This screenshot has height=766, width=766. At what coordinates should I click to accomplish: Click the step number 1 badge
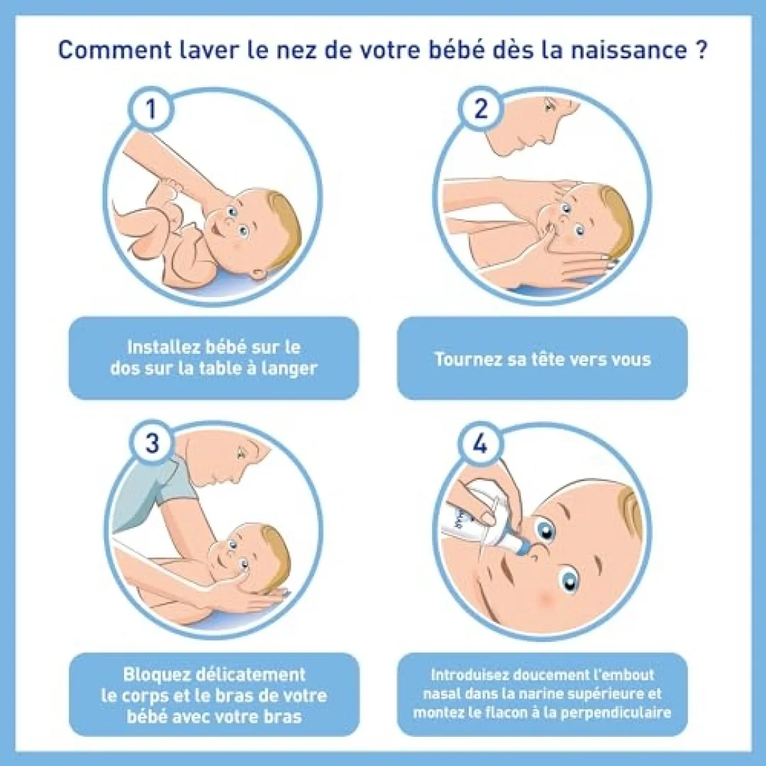(x=151, y=109)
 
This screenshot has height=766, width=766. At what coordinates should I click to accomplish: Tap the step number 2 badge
(x=481, y=109)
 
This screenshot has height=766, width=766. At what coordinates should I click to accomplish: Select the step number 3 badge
(x=152, y=443)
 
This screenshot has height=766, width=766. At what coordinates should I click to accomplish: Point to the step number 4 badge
(x=480, y=444)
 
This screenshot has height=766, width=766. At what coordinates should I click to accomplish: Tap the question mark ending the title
(x=700, y=50)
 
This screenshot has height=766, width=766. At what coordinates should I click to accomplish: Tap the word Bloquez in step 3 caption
(x=155, y=675)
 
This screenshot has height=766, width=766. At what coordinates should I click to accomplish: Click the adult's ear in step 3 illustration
(x=240, y=453)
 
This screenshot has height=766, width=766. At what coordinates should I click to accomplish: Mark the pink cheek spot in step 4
(x=546, y=598)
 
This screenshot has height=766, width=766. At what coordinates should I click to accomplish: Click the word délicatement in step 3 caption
(x=250, y=675)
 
